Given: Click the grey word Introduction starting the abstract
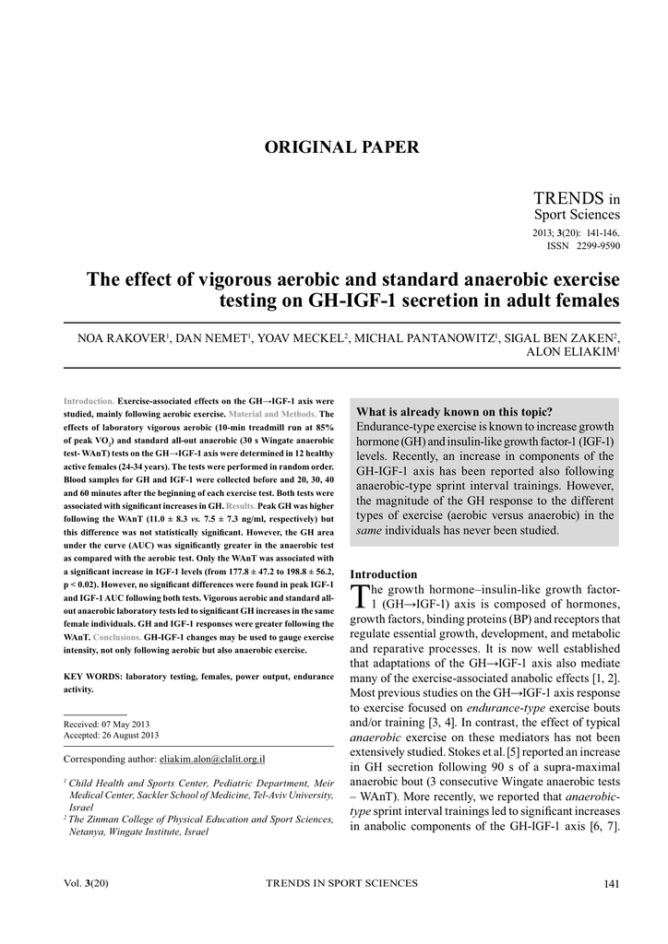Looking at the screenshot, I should tap(89, 401).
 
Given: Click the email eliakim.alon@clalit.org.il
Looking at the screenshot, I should tap(212, 759).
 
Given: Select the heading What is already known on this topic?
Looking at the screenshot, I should tap(454, 412).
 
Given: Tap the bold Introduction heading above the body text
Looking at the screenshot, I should tap(384, 573).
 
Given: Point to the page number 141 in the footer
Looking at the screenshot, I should tap(610, 885).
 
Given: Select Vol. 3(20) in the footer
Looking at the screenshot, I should tap(86, 885).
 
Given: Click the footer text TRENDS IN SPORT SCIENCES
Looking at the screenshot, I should tap(341, 884).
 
